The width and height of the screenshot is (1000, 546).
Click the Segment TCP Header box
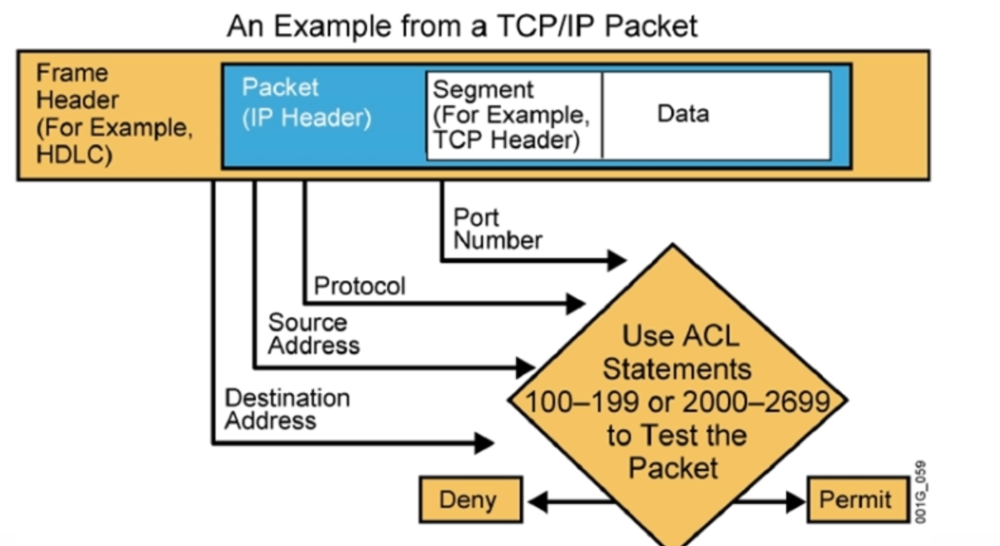pos(513,114)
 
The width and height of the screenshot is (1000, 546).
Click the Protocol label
pos(359,286)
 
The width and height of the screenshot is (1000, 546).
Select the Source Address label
pos(313,334)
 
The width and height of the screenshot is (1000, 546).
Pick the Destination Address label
pos(287,408)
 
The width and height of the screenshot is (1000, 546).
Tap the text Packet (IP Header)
pos(306,103)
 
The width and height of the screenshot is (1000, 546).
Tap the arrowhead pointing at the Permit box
pos(795,502)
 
